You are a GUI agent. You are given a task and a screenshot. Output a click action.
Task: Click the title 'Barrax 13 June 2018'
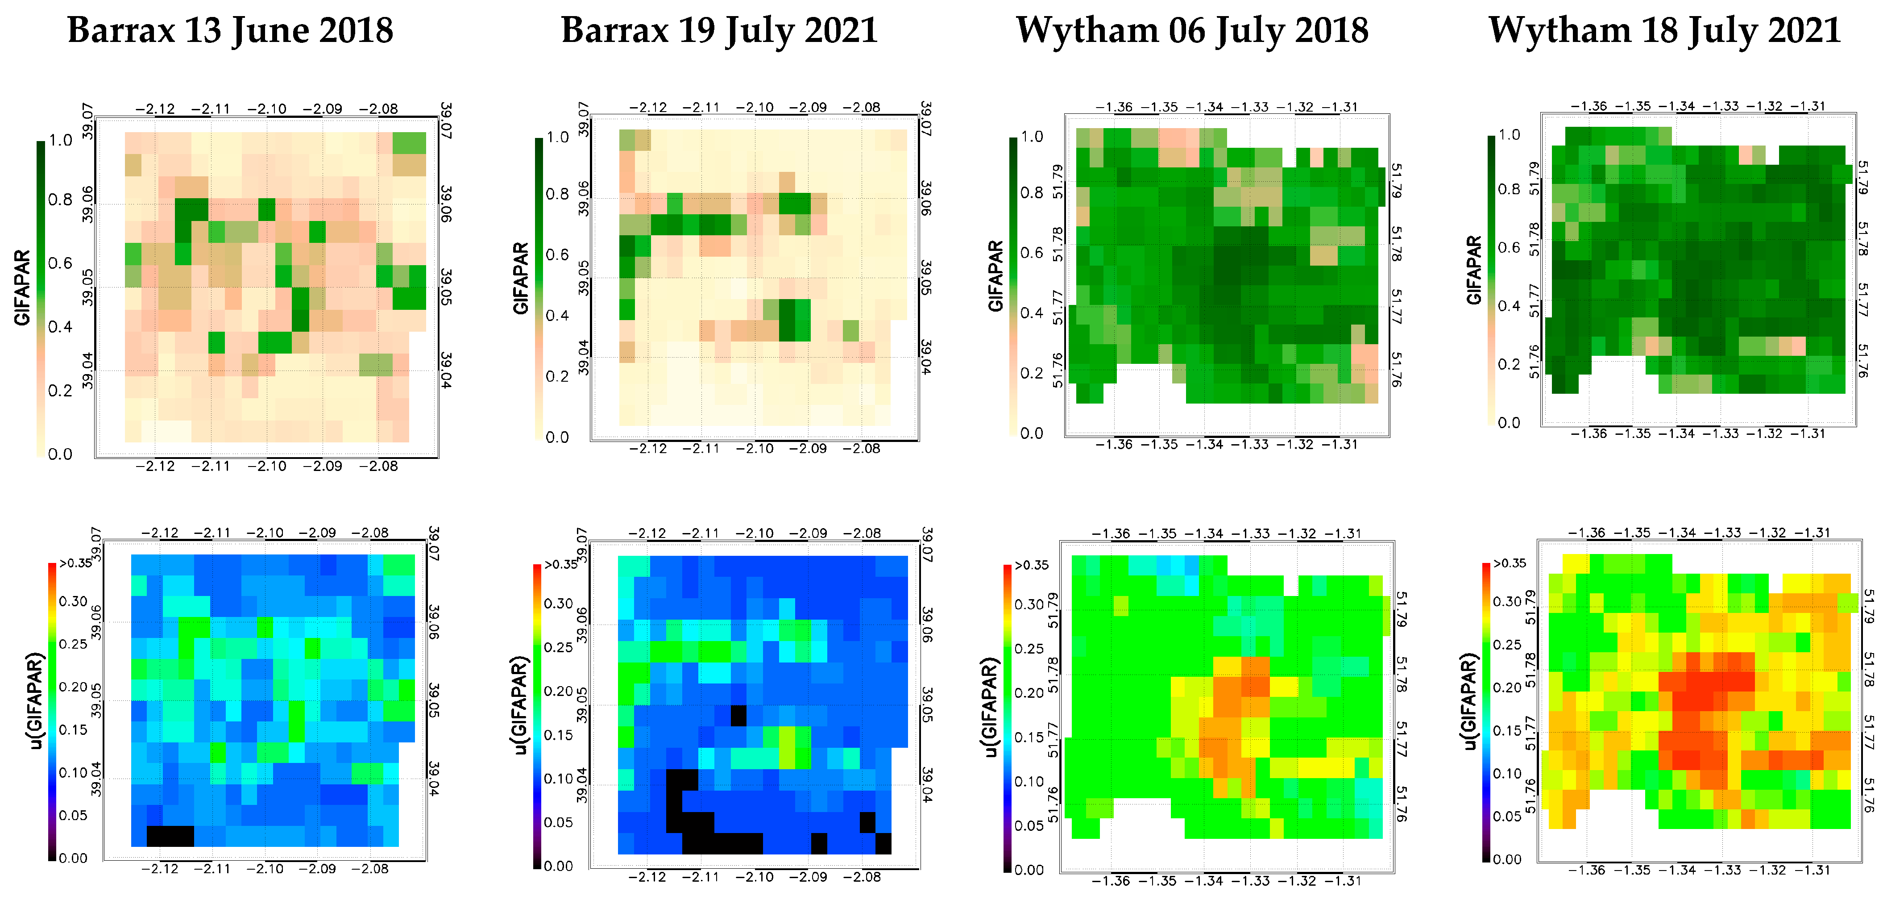click(230, 31)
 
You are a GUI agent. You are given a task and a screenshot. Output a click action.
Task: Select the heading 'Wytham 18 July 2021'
click(1664, 31)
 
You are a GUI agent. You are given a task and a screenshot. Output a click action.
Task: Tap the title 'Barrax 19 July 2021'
click(719, 31)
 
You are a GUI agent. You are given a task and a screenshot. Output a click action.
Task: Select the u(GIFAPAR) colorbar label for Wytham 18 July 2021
click(1469, 702)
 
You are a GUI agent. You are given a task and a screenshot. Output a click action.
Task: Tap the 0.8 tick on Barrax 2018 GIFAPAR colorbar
click(60, 200)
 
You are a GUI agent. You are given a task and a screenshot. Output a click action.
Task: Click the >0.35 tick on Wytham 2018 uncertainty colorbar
click(1031, 565)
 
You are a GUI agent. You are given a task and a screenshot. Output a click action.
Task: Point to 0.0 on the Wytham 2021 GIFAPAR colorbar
click(1509, 423)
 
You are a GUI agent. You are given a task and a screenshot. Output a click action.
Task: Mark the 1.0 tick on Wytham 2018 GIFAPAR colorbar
click(1031, 137)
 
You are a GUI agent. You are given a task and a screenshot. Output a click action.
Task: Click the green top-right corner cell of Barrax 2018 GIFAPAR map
click(409, 142)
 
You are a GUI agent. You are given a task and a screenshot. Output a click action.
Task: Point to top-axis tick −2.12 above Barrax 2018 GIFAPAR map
click(155, 109)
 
